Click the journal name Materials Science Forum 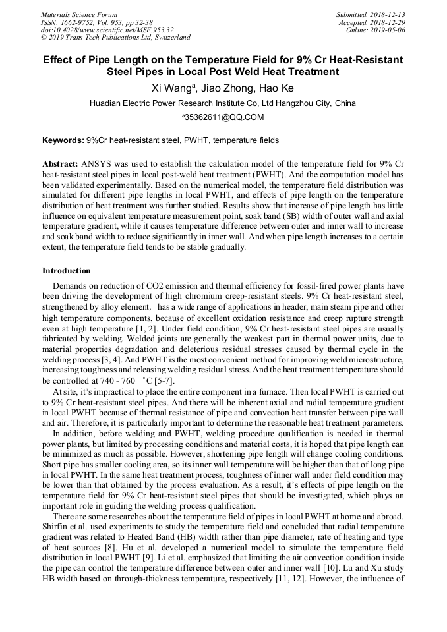pos(79,14)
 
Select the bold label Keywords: pos(63,140)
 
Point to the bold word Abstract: pos(61,163)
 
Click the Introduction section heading pos(67,271)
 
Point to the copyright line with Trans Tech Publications pos(115,38)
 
